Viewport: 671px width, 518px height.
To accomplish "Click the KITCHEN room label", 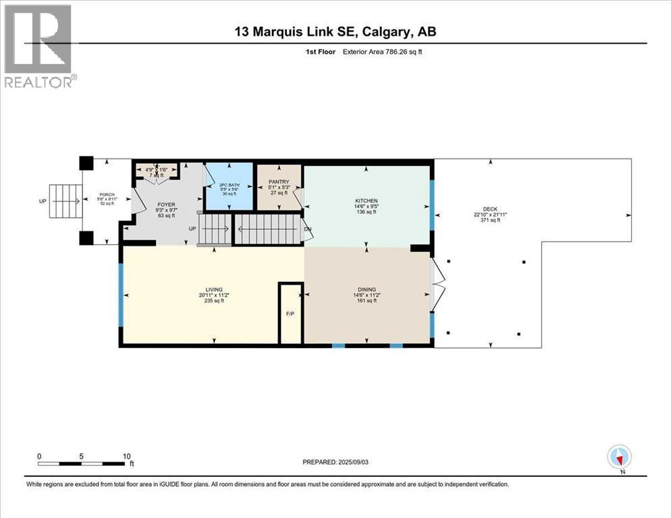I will pyautogui.click(x=367, y=200).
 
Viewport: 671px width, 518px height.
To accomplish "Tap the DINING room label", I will pyautogui.click(x=367, y=289).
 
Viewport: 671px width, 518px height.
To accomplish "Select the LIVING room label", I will pyautogui.click(x=215, y=289).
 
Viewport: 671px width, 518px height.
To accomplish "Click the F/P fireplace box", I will pyautogui.click(x=291, y=314).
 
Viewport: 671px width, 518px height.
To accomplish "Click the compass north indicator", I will pyautogui.click(x=619, y=458).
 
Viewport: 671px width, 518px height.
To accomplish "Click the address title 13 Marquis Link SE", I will pyautogui.click(x=335, y=32).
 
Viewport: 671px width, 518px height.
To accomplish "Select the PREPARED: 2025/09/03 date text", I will pyautogui.click(x=342, y=462).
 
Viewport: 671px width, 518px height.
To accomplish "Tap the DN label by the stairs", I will pyautogui.click(x=308, y=229).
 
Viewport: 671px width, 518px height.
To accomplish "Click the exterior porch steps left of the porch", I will pyautogui.click(x=65, y=201).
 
